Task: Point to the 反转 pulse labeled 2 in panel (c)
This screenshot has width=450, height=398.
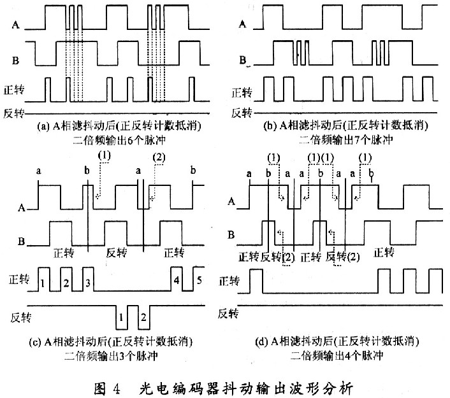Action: tap(145, 316)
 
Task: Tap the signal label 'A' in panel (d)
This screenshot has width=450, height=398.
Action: tap(231, 201)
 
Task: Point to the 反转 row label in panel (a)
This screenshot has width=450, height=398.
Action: tap(16, 113)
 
